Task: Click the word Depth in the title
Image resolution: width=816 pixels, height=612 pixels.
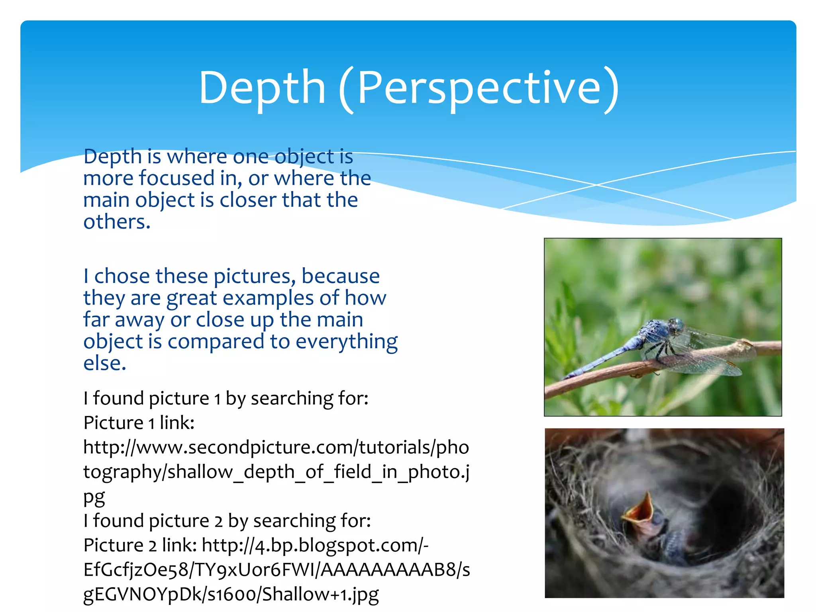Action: (262, 88)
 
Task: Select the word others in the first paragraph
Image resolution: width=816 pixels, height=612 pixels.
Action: (116, 222)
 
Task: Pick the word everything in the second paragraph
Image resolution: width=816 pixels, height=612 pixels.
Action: (346, 341)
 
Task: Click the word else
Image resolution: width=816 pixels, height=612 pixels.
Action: (104, 363)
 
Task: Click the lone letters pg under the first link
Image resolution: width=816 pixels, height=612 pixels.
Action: (94, 497)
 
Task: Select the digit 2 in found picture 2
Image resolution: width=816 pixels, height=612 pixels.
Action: (218, 522)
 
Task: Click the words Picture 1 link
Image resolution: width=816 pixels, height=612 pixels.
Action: (138, 423)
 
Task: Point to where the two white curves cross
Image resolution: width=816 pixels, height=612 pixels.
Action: (596, 185)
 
